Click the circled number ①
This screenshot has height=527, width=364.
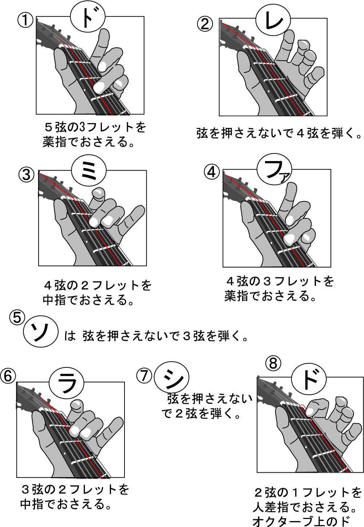25,20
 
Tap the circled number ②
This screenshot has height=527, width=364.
205,24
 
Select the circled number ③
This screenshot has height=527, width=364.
26,175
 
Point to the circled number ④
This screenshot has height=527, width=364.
211,172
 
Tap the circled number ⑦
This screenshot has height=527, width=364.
145,375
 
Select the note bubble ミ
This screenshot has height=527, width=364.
88,171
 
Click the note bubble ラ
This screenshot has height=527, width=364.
67,384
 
